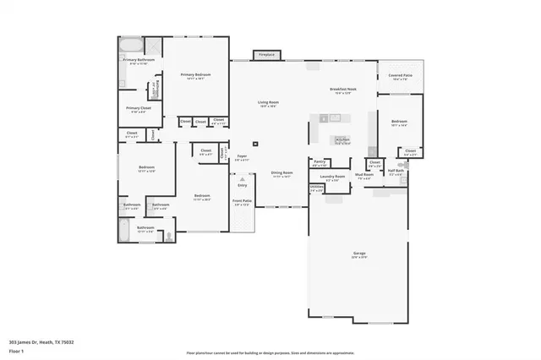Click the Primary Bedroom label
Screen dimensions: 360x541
point(195,75)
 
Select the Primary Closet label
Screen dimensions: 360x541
point(138,108)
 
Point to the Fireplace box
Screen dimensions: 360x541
point(266,55)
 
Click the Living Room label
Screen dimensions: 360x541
point(269,102)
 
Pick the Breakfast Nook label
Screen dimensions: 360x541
point(342,90)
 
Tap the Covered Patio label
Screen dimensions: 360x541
point(400,75)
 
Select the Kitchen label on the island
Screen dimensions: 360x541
point(342,140)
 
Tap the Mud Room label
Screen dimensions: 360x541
point(364,176)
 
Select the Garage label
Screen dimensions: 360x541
point(359,253)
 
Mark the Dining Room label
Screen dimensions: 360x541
point(281,172)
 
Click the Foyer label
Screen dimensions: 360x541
point(242,156)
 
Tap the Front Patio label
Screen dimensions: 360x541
point(242,201)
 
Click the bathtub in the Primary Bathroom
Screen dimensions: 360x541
point(130,44)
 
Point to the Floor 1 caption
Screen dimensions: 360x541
point(16,351)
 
